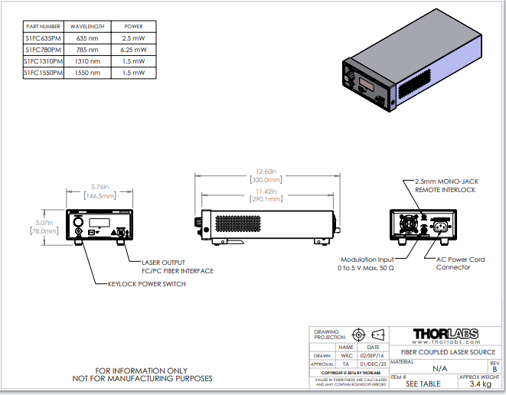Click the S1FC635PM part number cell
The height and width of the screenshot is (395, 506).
[x=43, y=38]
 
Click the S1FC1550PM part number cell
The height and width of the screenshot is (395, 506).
[x=43, y=73]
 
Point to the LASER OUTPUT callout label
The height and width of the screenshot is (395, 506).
[x=157, y=262]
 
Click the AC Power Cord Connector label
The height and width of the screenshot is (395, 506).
[x=460, y=263]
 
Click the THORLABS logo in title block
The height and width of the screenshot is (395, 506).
[x=445, y=335]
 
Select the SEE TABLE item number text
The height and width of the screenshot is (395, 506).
[x=421, y=385]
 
